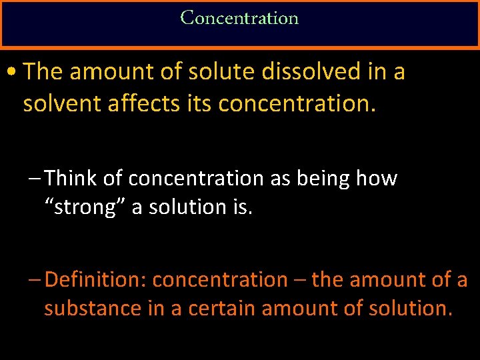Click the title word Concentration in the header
[x=239, y=18]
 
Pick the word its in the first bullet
[x=197, y=103]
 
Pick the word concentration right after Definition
[x=219, y=280]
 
